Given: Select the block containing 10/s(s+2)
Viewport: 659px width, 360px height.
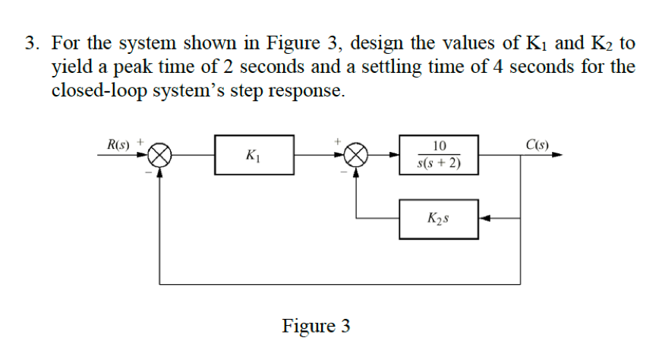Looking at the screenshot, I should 438,155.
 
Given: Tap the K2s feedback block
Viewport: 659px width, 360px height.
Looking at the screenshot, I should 438,219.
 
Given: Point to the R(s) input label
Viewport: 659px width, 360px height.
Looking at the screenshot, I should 118,144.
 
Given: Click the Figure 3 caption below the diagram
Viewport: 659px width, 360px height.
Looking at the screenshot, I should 316,326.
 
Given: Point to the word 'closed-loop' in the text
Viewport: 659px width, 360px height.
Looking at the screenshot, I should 94,91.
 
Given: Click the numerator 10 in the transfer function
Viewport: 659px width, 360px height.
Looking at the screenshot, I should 439,146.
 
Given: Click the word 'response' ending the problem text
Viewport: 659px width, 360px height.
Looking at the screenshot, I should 309,91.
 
